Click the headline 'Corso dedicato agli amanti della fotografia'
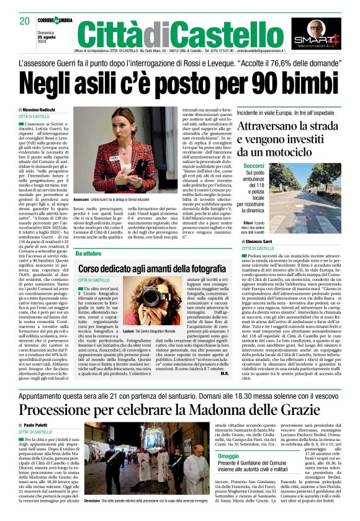coord(159,268)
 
